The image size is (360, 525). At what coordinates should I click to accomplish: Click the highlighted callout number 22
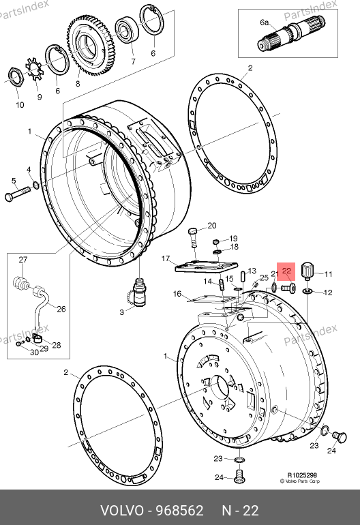point(287,271)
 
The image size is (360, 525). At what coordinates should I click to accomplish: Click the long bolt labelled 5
point(20,192)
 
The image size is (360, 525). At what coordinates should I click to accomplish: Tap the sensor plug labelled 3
point(139,292)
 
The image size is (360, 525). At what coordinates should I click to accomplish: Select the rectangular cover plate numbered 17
point(207,268)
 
